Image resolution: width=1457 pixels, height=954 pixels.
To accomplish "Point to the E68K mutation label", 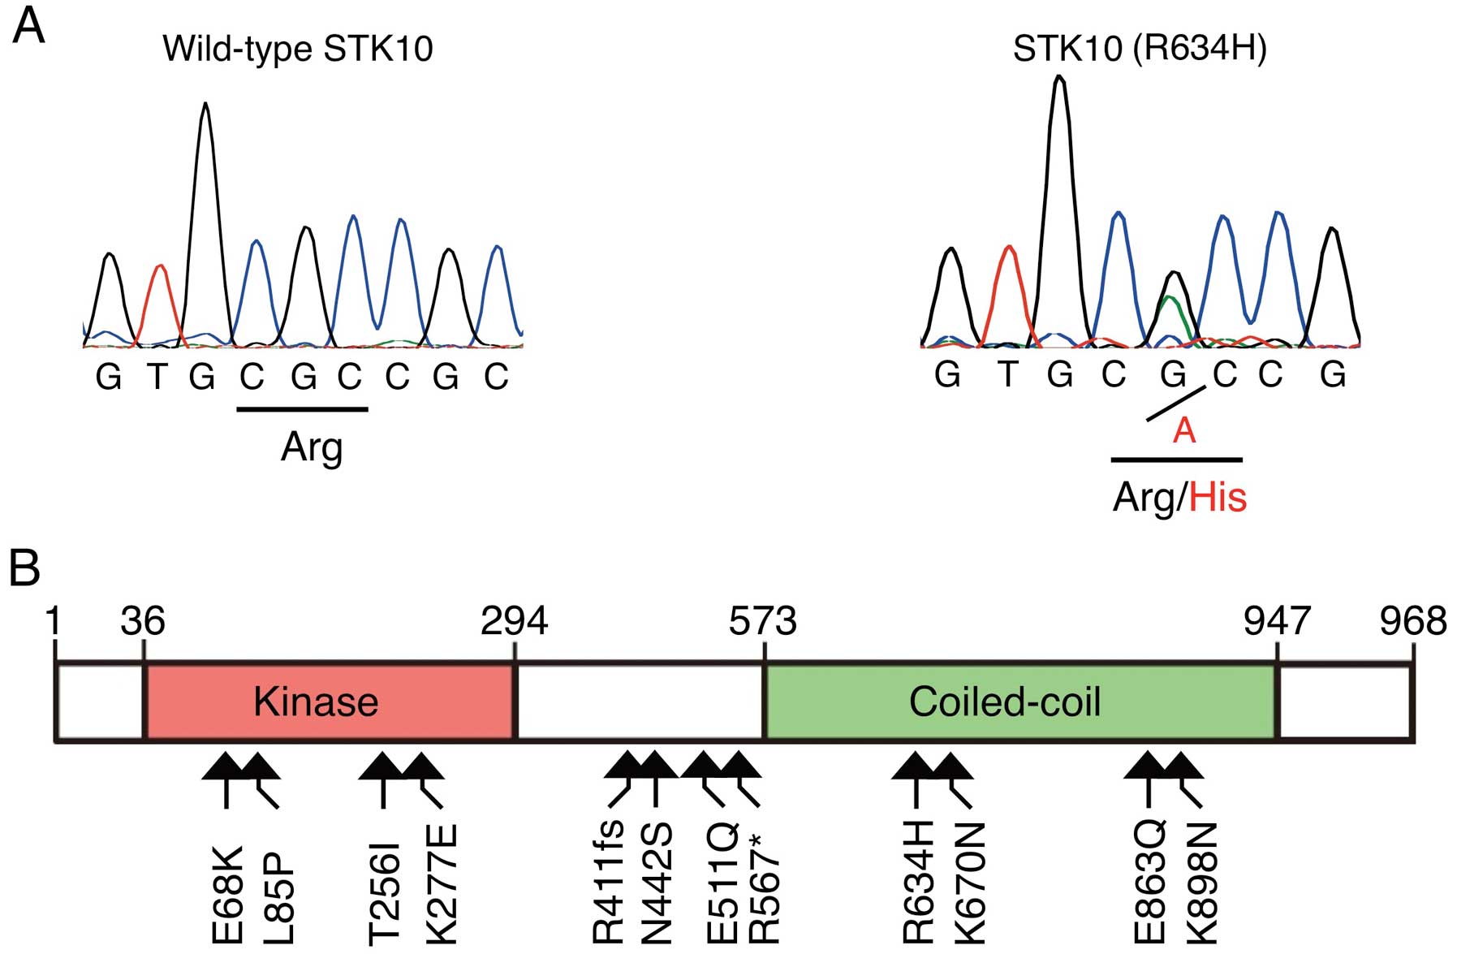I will (227, 895).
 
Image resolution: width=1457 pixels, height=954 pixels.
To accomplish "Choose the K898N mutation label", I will (1202, 883).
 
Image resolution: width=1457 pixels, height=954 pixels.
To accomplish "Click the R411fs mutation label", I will (609, 881).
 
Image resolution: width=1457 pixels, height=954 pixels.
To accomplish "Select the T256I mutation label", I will (384, 893).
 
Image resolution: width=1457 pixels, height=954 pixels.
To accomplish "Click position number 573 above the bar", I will (762, 622).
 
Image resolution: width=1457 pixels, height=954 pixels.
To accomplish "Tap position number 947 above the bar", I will (1277, 622).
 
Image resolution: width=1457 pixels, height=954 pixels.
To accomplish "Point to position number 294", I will (514, 622).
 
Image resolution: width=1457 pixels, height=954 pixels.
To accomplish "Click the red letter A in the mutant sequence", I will (1184, 430).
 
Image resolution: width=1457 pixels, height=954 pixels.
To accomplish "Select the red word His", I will (1218, 497).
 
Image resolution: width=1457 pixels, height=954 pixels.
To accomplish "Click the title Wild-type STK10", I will (298, 49).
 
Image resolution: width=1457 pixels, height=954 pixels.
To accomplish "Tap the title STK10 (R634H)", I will (1140, 49).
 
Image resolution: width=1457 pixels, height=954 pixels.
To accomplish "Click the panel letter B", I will (24, 568).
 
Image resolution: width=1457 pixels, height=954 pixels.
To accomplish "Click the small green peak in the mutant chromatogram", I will (1170, 313).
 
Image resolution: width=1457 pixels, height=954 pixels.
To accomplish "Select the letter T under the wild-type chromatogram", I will (157, 376).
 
